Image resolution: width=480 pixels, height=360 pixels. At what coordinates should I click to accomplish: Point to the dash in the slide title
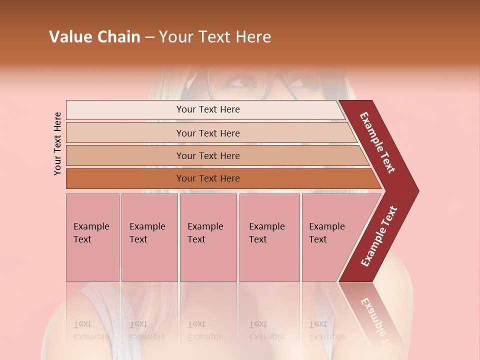pos(149,37)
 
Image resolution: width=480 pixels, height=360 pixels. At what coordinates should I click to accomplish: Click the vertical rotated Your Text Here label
pos(57,143)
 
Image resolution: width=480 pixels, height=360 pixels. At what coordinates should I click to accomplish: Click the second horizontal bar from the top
pos(207,133)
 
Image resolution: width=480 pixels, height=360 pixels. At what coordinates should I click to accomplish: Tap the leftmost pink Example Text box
pos(92,237)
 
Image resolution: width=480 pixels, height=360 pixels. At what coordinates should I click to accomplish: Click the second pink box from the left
pos(149,237)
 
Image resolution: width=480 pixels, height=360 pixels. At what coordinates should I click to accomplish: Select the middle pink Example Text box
pos(208,237)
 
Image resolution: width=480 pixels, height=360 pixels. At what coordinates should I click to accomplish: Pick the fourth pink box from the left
pos(269,237)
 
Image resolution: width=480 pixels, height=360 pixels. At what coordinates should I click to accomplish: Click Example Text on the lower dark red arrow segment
pos(379,236)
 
